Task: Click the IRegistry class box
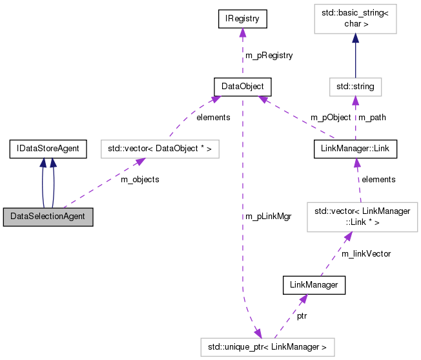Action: point(242,19)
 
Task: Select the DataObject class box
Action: point(242,86)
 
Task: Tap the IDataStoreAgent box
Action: point(48,149)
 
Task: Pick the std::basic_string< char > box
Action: point(355,19)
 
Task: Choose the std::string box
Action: point(355,86)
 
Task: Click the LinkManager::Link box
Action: point(354,149)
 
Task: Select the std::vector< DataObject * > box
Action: point(159,149)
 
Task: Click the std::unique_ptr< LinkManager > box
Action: point(267,348)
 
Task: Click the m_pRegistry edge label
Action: point(269,56)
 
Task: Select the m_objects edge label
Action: point(139,179)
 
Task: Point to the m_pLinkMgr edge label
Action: point(268,217)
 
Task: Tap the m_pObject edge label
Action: point(331,118)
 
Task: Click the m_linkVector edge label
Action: point(365,253)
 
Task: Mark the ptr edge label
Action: point(302,316)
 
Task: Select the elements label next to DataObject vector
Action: point(213,118)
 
